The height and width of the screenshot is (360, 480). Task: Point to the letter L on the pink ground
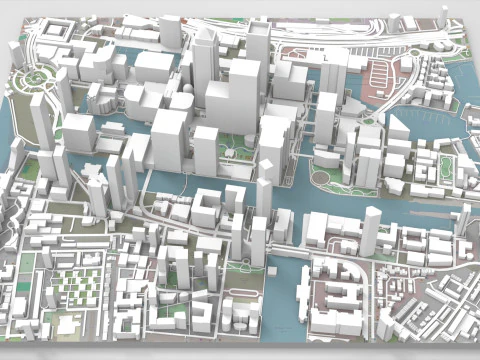(x=326, y=58)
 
